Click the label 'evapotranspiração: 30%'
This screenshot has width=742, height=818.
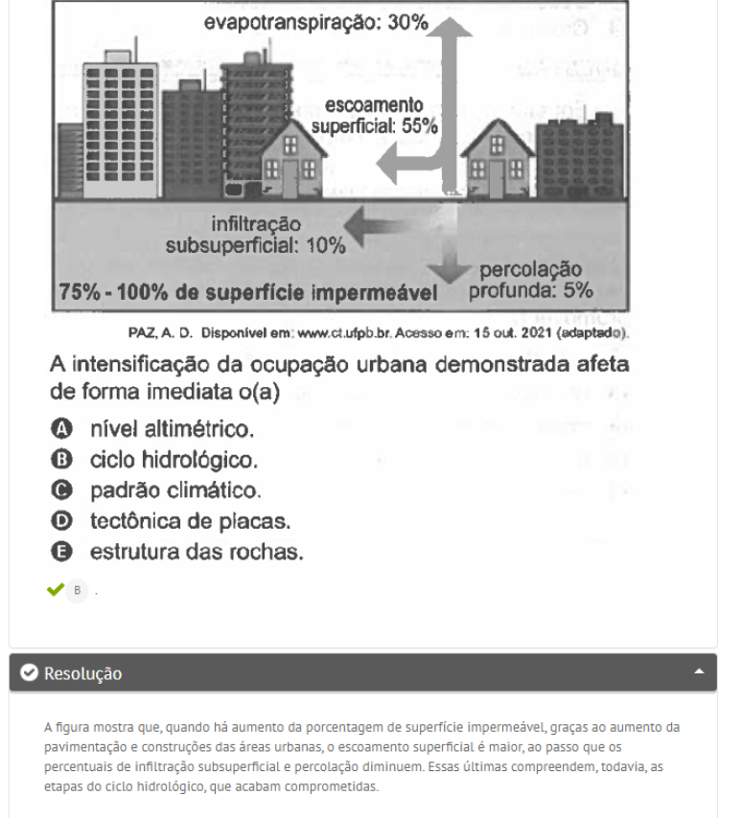(x=315, y=23)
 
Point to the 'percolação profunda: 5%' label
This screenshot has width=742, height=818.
(x=530, y=280)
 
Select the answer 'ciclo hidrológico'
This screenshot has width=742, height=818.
(x=174, y=460)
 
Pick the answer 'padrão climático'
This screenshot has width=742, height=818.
(x=174, y=490)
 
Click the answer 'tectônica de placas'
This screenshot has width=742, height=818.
(x=190, y=521)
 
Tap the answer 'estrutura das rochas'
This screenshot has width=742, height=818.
(x=197, y=552)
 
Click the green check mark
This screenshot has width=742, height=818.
(x=55, y=590)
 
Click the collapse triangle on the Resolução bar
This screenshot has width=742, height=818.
(x=700, y=673)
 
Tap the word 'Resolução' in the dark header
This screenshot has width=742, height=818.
(x=83, y=674)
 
